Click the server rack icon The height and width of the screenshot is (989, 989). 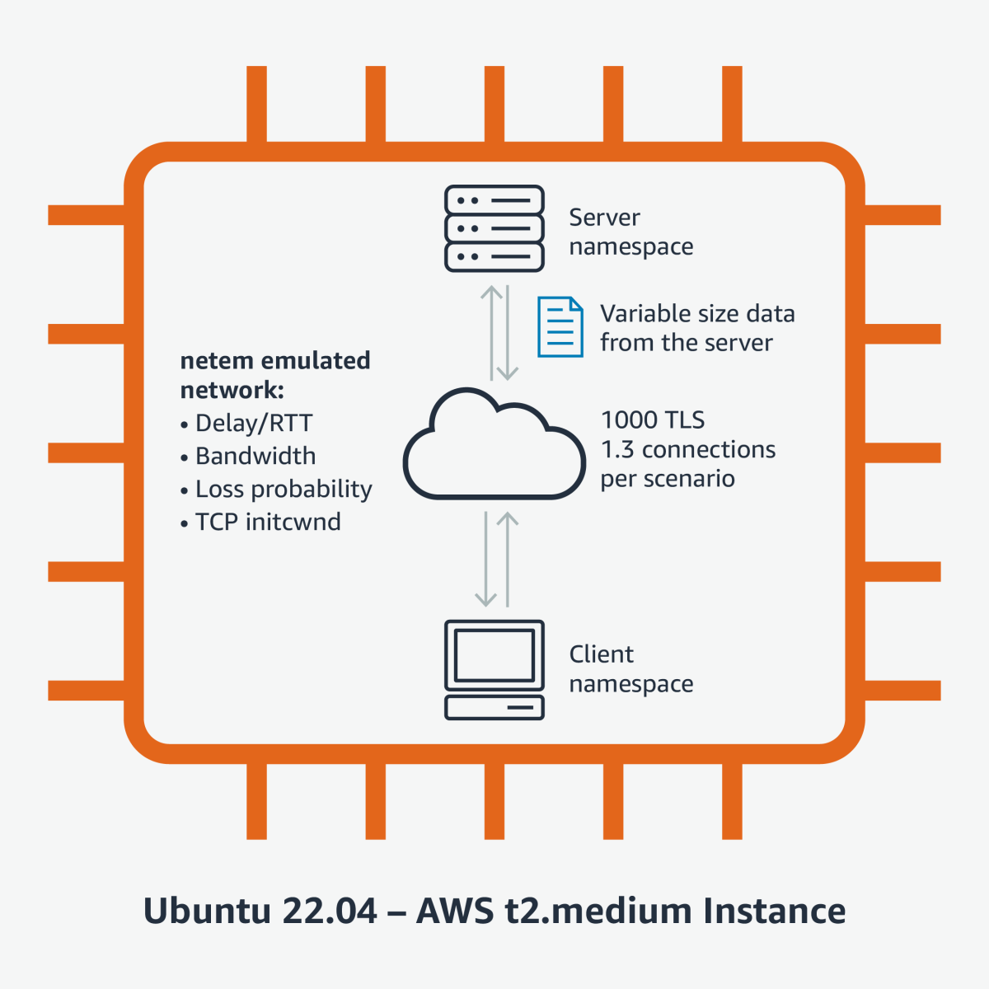click(494, 228)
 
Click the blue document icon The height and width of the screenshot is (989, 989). click(560, 327)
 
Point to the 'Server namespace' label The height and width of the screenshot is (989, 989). click(630, 232)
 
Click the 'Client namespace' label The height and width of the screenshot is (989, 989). click(630, 668)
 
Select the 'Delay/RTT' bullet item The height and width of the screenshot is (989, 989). click(253, 423)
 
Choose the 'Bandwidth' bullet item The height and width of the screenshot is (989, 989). click(255, 456)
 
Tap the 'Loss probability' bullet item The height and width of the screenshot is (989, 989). click(283, 489)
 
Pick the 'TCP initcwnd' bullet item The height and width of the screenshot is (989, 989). click(267, 522)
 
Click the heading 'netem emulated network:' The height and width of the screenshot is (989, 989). click(274, 375)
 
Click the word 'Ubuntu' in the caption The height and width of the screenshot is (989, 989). click(207, 911)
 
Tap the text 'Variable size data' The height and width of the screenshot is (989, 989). click(697, 313)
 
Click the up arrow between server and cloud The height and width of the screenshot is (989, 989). click(491, 332)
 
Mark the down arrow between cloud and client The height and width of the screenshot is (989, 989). click(486, 560)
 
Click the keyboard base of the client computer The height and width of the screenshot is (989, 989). click(494, 708)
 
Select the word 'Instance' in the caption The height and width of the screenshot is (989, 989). click(774, 911)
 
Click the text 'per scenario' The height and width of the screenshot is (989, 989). click(667, 479)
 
